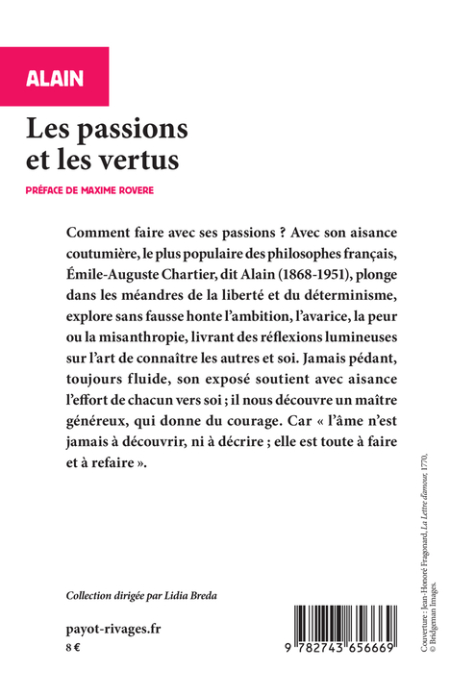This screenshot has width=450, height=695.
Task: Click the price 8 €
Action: (73, 649)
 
